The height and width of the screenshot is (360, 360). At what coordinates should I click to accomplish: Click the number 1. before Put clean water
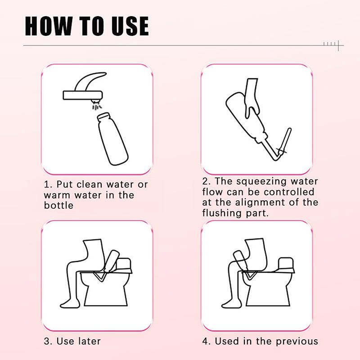pos(48,185)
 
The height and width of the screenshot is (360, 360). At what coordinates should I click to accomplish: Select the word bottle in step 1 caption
pos(58,205)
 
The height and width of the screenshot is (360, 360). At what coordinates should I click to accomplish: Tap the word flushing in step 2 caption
pos(222,213)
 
